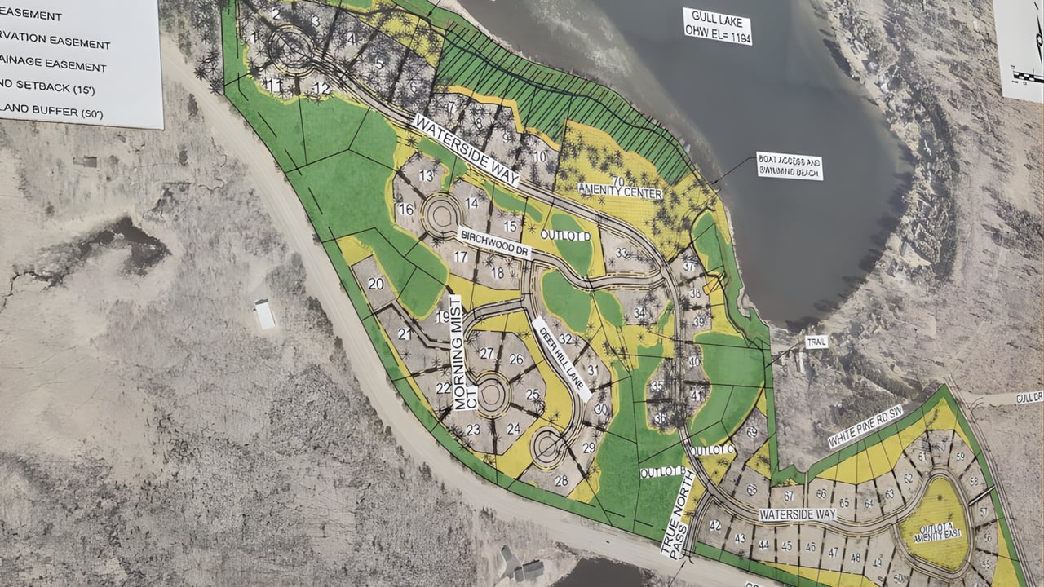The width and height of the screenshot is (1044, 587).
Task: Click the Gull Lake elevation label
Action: pyautogui.click(x=717, y=25)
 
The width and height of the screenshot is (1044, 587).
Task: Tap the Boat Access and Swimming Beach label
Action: pyautogui.click(x=789, y=166)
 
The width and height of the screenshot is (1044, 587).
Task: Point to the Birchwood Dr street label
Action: pyautogui.click(x=494, y=244)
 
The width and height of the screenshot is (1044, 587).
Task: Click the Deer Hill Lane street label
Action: pyautogui.click(x=561, y=359)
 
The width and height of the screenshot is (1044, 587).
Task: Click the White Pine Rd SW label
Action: pyautogui.click(x=865, y=427)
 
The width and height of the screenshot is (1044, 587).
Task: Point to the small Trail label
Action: pyautogui.click(x=816, y=342)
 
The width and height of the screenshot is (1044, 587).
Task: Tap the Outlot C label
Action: pyautogui.click(x=706, y=450)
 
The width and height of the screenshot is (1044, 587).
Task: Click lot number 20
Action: pyautogui.click(x=376, y=284)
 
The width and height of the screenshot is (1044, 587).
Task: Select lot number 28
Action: pyautogui.click(x=561, y=480)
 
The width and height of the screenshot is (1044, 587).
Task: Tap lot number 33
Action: pyautogui.click(x=622, y=253)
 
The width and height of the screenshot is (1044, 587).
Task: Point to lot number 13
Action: pyautogui.click(x=426, y=175)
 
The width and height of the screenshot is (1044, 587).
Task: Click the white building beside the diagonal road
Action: pyautogui.click(x=264, y=314)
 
